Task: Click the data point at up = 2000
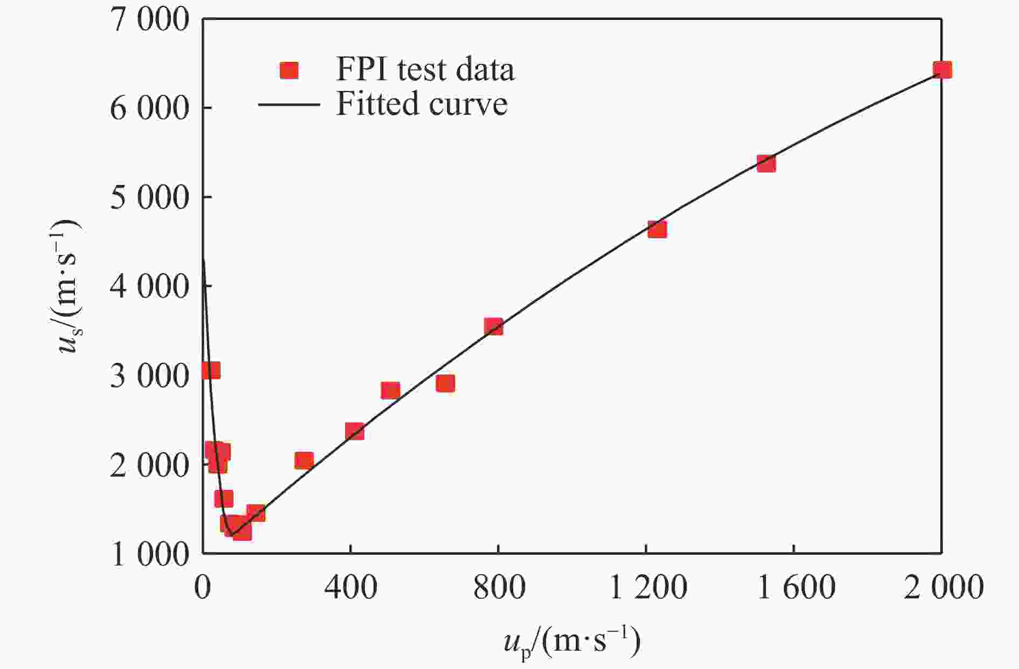[942, 70]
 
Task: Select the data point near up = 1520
[766, 163]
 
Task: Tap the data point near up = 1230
[657, 230]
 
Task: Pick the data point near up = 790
[493, 326]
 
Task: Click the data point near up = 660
[445, 383]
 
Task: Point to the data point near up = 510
[390, 390]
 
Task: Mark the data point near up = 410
[354, 431]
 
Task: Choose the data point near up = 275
[304, 460]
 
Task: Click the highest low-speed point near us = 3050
[211, 371]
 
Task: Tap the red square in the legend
[290, 71]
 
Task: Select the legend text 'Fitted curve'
[422, 104]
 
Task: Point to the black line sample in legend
[289, 104]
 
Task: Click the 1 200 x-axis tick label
[647, 588]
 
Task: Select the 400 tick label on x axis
[350, 588]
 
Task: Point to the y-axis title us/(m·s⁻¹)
[69, 286]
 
